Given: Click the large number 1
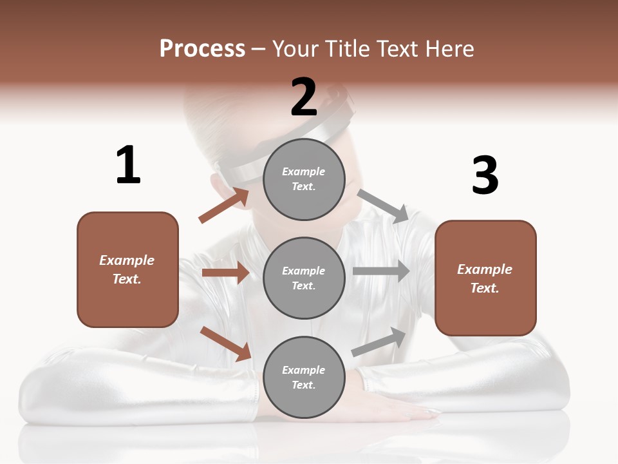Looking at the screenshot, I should (128, 166).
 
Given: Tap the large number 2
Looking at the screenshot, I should (304, 97).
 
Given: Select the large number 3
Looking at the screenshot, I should (485, 177).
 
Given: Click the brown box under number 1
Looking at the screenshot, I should (127, 269).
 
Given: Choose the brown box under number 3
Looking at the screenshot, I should (485, 278).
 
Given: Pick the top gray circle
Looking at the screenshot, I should (304, 179).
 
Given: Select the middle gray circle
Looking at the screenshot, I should (304, 278).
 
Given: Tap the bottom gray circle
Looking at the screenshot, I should (304, 377).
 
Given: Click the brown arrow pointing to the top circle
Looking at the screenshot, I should (224, 205).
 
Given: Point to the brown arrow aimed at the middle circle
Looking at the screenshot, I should (225, 273).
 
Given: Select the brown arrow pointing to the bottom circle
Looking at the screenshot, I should (225, 343).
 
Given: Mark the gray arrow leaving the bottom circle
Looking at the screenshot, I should (379, 342).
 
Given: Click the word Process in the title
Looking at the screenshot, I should (202, 48).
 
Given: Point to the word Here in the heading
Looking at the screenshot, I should (449, 48).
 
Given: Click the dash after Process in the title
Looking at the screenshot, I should (259, 50).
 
